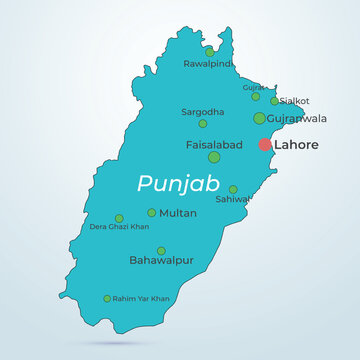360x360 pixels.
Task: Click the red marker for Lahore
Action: point(265,145)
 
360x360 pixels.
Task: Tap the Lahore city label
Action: point(297,145)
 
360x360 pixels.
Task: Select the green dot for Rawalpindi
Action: point(209,51)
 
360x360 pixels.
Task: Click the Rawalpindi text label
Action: point(208,64)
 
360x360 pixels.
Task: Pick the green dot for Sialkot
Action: point(274,100)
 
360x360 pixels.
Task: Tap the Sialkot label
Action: point(295,101)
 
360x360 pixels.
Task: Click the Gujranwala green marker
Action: point(260,118)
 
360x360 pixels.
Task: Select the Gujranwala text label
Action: point(297,118)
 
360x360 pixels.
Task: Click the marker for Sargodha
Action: point(203,124)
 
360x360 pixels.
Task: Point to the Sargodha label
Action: point(202,111)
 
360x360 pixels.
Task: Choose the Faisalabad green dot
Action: point(214,157)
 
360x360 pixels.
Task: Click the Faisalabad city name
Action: point(215,144)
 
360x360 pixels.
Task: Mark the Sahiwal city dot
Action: point(233,189)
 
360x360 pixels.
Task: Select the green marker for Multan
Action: point(152,212)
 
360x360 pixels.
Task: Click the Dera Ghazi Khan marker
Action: point(119,218)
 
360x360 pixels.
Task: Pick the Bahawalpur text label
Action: point(162,262)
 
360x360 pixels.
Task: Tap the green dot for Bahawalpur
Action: point(161,251)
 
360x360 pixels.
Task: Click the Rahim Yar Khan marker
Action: point(107,298)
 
